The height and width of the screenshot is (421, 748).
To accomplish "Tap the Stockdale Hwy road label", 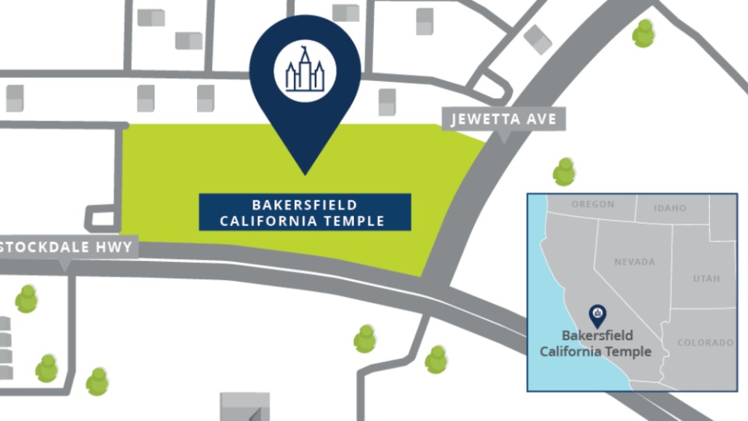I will pos(69,247).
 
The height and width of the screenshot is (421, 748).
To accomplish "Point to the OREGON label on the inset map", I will pos(593,204).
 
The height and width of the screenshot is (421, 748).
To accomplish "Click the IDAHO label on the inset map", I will pos(670,208).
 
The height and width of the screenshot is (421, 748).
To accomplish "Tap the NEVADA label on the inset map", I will pos(634,262).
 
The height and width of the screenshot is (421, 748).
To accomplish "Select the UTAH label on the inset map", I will pos(706,278).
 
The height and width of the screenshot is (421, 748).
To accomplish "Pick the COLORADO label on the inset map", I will pos(705,342).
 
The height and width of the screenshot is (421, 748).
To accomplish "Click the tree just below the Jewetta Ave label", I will pos(564,172).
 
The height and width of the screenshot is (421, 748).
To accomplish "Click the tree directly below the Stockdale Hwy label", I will pos(27,299).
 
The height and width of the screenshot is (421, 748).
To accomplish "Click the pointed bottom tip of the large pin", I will pos(305,172).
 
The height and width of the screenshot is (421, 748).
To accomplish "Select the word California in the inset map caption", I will pos(570,351).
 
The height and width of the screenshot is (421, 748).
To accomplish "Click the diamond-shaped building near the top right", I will pos(538,40).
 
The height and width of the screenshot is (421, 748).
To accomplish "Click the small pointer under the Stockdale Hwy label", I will pos(65,265).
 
